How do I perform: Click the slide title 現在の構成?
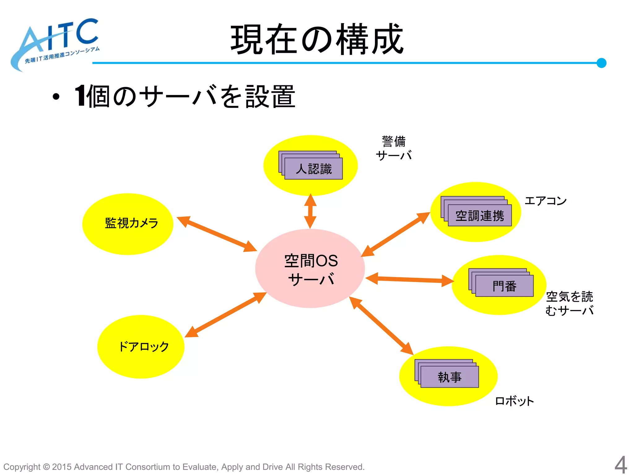[x=317, y=40]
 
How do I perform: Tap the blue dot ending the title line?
[x=601, y=63]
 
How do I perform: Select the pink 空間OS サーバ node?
[x=310, y=268]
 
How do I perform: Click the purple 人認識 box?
[x=313, y=169]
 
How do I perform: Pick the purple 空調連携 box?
[x=480, y=216]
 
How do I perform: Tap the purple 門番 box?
[x=504, y=286]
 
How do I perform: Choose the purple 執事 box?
[x=449, y=377]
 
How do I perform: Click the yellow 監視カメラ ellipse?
[x=128, y=224]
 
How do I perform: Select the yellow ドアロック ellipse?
[x=141, y=347]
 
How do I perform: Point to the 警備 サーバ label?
[x=394, y=148]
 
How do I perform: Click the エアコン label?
[x=545, y=201]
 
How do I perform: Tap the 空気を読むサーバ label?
[x=569, y=303]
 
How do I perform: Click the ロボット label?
[x=515, y=401]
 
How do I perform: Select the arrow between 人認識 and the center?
[x=310, y=212]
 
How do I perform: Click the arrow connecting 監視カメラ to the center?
[x=217, y=234]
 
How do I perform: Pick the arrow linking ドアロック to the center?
[x=226, y=315]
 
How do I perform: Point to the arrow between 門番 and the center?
[x=410, y=279]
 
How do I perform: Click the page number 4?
[x=621, y=464]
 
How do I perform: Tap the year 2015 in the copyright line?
[x=62, y=467]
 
